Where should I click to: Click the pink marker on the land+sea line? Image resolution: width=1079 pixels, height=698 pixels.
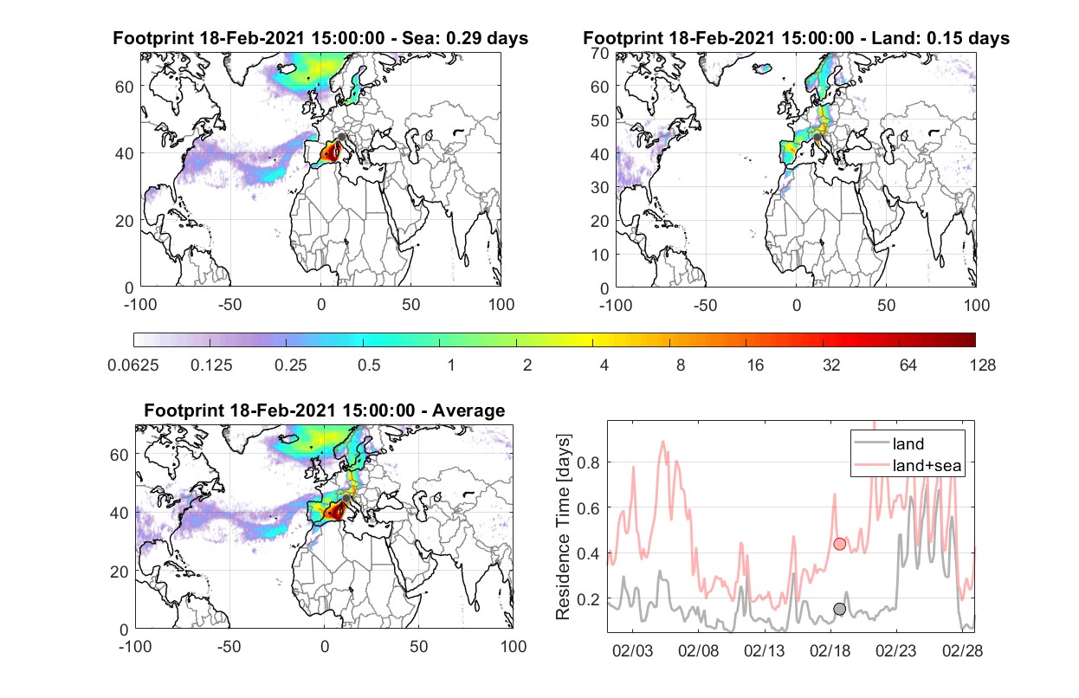point(840,544)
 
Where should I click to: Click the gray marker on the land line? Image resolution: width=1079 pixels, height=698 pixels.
point(840,609)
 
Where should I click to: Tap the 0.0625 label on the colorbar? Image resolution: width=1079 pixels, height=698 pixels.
point(133,365)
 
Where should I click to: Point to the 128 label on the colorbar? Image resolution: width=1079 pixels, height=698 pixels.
point(983,365)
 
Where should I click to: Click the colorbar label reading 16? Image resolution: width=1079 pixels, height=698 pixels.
point(755,365)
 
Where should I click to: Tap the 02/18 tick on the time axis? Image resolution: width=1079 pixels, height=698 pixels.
point(830,650)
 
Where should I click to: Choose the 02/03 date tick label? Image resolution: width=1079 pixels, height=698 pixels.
point(632,650)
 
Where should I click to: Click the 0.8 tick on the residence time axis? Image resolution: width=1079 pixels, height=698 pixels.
point(588,462)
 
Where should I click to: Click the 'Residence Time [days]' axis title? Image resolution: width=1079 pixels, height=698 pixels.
point(563,527)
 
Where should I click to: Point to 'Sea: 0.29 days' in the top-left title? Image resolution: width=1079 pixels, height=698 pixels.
point(465,38)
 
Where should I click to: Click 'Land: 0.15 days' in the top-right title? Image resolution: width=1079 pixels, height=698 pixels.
point(940,38)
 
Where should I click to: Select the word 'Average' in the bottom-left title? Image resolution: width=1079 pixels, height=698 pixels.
point(468,410)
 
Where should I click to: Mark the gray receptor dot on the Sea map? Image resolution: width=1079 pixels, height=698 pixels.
point(341,137)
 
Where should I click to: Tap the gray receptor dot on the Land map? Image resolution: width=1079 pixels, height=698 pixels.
point(817,138)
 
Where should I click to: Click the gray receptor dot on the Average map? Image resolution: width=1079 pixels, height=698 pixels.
point(346,498)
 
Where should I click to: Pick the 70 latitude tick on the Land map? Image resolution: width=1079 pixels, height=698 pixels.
point(600,54)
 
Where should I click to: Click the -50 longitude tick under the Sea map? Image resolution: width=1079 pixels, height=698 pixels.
point(230,305)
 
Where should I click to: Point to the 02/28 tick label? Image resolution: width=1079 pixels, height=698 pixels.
point(962,650)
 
